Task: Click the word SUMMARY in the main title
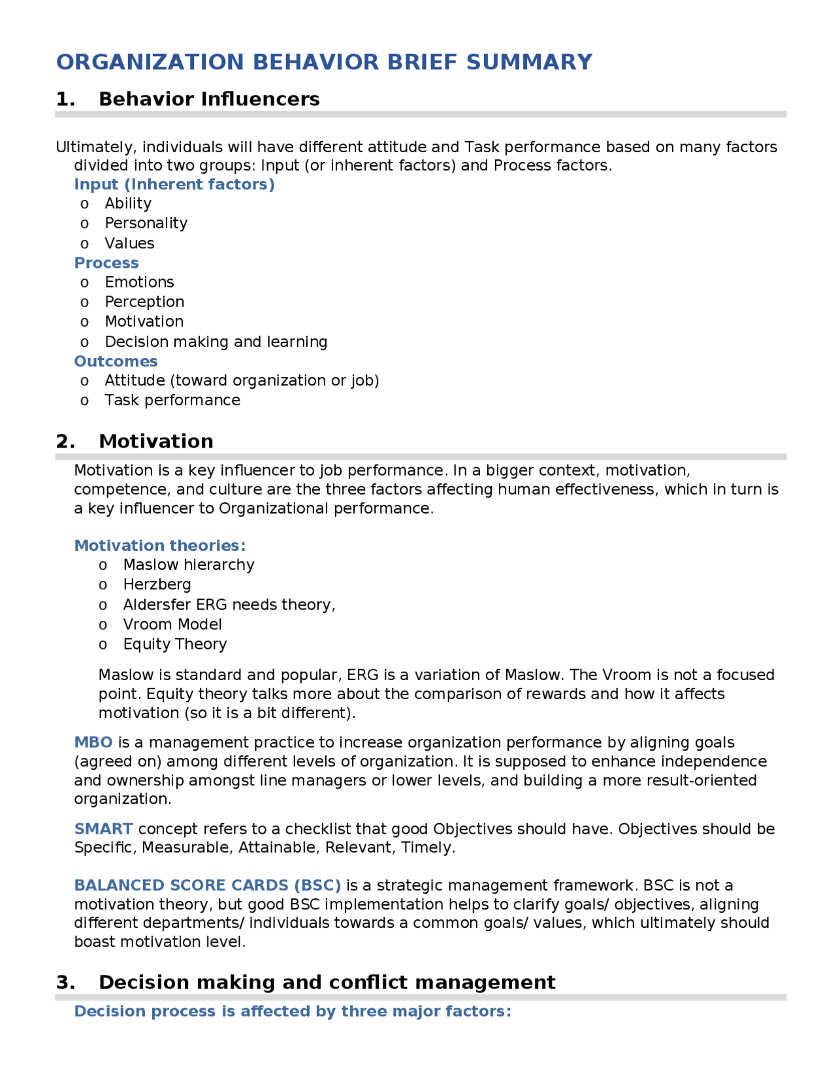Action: click(x=529, y=62)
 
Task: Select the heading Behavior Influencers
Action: click(x=209, y=99)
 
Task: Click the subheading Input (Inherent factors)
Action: click(x=174, y=184)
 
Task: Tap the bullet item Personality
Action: click(x=146, y=223)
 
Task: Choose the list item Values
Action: click(x=129, y=244)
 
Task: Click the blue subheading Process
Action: click(x=106, y=263)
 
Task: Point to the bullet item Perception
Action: click(x=144, y=302)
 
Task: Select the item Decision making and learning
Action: click(x=216, y=342)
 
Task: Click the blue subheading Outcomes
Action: click(x=116, y=361)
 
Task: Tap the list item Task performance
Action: click(x=172, y=400)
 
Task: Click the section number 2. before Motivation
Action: click(x=65, y=442)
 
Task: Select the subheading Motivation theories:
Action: click(x=160, y=546)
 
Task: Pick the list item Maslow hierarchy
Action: click(x=189, y=565)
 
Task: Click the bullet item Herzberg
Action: click(x=157, y=585)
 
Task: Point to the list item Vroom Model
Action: click(x=172, y=625)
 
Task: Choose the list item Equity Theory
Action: click(x=175, y=644)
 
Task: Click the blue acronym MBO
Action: click(x=93, y=743)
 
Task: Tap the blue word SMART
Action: click(x=103, y=829)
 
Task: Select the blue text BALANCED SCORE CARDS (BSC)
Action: click(x=208, y=885)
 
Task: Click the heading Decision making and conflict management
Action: click(x=327, y=983)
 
